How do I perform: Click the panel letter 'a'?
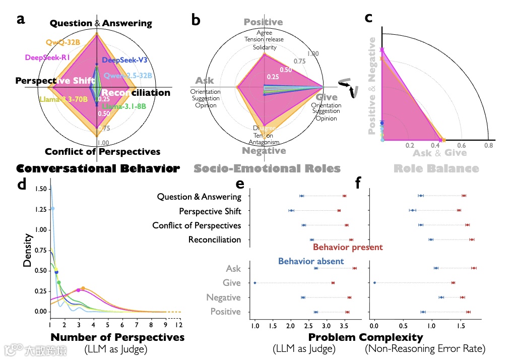pos(21,20)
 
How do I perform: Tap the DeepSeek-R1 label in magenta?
pos(47,57)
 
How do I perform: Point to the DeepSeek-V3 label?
pos(124,60)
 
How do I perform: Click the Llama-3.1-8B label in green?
pos(124,106)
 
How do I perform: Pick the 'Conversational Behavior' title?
pos(98,168)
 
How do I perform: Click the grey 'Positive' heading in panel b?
pos(263,22)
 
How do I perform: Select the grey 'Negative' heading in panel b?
pos(264,151)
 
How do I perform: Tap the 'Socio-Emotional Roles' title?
pos(267,168)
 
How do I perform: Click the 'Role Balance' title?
pos(435,168)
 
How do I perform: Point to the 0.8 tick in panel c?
pos(487,146)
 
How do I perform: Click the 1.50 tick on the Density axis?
pos(42,188)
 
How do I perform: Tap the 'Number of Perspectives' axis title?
pos(118,337)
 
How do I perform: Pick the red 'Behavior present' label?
pos(348,247)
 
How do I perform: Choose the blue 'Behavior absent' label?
pos(311,261)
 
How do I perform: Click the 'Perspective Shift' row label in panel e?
pos(210,211)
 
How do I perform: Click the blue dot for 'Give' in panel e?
pos(255,283)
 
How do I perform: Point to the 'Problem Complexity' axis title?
pos(365,337)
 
